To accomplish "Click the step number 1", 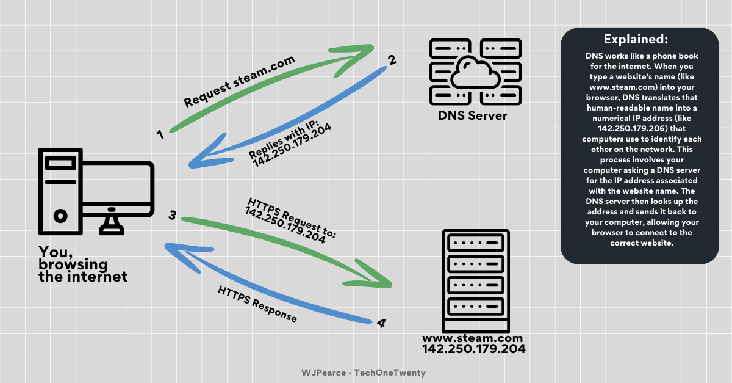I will click(160, 134).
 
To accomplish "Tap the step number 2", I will click(393, 60).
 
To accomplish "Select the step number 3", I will click(173, 216).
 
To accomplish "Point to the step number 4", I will click(381, 323).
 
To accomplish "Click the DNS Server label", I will click(473, 115).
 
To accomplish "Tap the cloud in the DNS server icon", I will click(475, 67).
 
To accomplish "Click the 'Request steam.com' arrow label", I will click(239, 81).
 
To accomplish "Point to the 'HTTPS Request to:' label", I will click(292, 219).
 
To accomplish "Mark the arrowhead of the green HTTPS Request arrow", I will click(384, 280).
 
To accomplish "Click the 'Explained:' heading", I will click(636, 40).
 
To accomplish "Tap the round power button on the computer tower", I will click(60, 216).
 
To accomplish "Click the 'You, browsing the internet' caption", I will click(83, 264).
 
